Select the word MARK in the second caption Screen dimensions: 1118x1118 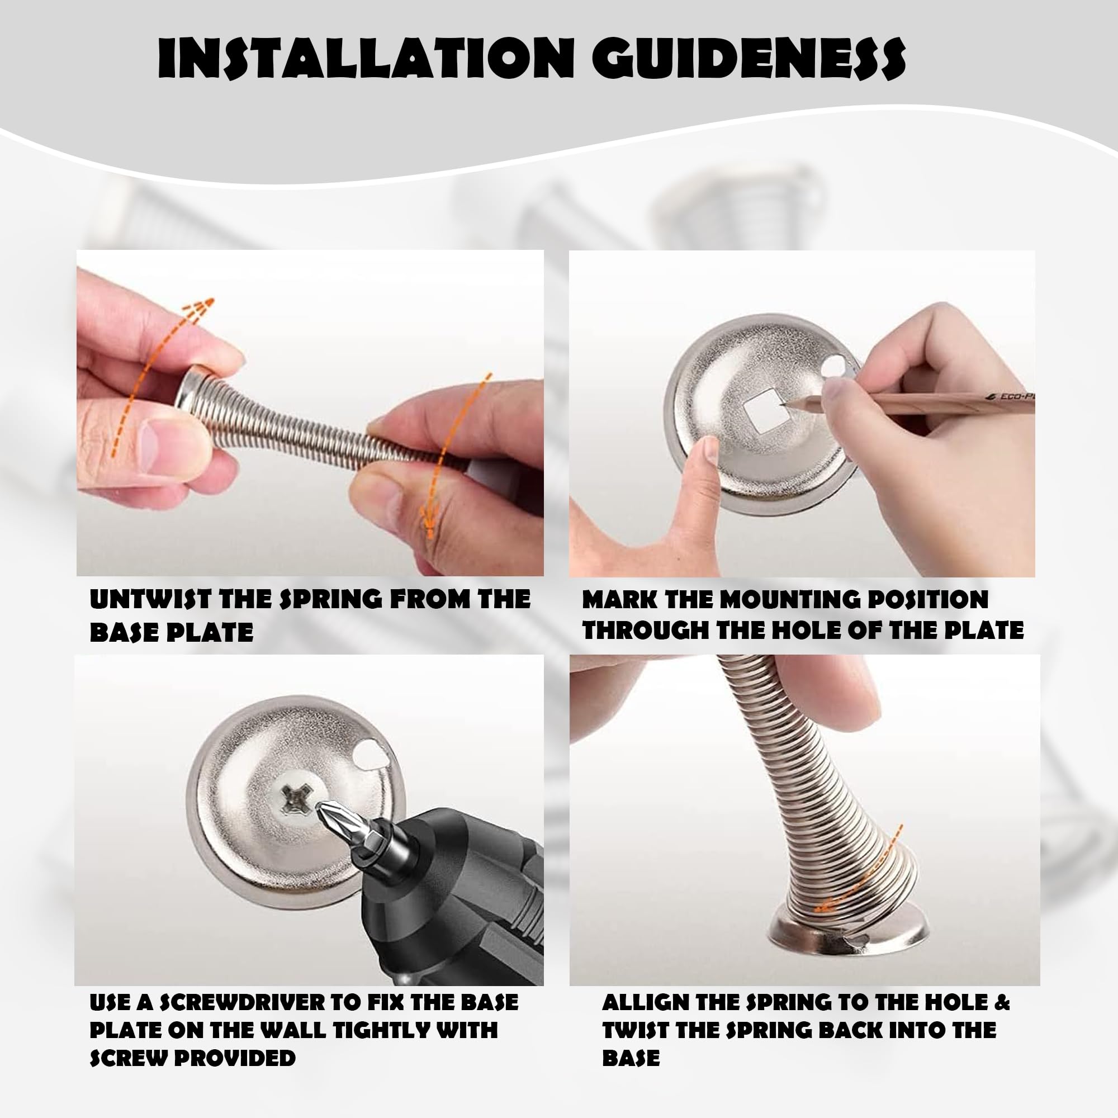click(618, 599)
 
